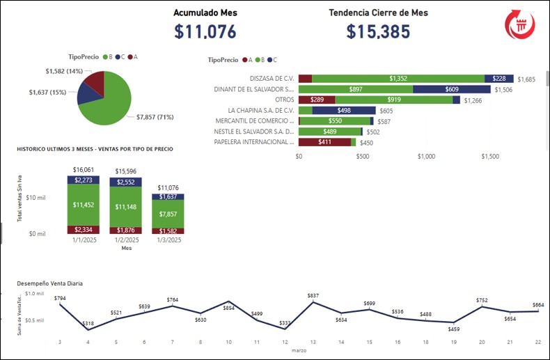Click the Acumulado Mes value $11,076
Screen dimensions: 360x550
[205, 31]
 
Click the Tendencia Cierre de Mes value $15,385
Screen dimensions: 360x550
[378, 31]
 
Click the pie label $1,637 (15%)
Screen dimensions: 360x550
[47, 92]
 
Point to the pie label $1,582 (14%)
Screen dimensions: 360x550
[65, 71]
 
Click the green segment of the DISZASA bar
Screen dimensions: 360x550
[398, 79]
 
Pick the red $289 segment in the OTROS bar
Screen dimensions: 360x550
[317, 100]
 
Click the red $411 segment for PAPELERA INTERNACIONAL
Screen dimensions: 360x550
[324, 142]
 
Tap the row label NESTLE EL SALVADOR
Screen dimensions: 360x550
[254, 131]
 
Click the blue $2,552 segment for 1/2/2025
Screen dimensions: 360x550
[125, 182]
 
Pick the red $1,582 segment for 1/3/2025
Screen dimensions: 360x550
[168, 230]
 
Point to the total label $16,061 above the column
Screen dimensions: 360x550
[83, 169]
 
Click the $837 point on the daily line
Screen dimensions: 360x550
[313, 302]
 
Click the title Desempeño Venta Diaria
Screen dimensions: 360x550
[51, 283]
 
